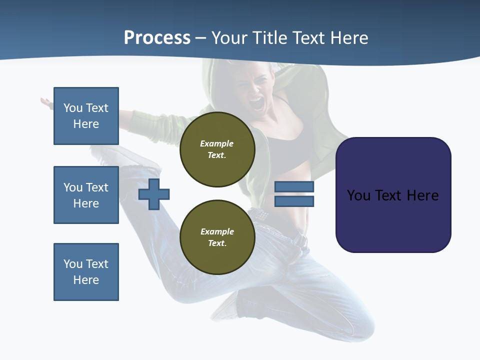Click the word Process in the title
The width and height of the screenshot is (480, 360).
[x=157, y=38]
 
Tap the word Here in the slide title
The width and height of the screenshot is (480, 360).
[x=348, y=38]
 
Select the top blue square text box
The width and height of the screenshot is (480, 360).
[x=86, y=116]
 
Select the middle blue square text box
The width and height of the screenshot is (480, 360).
[x=86, y=195]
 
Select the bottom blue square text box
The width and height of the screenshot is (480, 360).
[x=86, y=272]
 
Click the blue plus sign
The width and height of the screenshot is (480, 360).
[x=154, y=194]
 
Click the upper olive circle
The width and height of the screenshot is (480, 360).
[x=217, y=149]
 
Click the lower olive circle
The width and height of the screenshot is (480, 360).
[x=217, y=237]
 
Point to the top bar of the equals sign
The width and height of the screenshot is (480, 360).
[x=294, y=187]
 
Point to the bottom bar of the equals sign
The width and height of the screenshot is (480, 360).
[x=294, y=201]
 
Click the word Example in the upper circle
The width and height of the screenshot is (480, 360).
[x=216, y=143]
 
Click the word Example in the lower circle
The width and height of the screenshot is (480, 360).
[x=217, y=231]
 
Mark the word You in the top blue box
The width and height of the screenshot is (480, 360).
[x=73, y=108]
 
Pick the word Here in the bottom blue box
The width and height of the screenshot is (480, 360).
[x=86, y=280]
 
